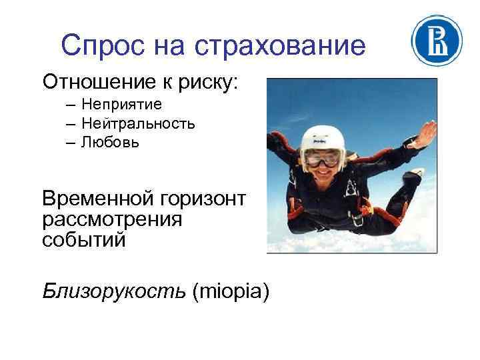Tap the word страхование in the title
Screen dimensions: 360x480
(281, 46)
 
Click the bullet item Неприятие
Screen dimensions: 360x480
(123, 105)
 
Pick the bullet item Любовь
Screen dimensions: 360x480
(111, 142)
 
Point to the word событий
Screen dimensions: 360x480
(83, 239)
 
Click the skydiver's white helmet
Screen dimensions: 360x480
(323, 137)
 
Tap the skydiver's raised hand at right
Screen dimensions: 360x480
(423, 131)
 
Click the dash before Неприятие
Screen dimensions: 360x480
(70, 105)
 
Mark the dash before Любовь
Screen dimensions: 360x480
(70, 143)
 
